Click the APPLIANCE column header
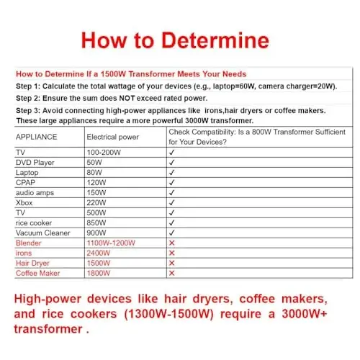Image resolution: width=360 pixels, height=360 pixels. click(35, 136)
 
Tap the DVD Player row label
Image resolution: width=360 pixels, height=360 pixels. click(35, 163)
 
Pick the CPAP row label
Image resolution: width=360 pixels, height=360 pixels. click(26, 183)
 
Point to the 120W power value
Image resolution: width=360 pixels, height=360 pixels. click(97, 183)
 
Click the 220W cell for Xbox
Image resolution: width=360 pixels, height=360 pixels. click(97, 203)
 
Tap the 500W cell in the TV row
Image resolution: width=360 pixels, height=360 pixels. click(97, 213)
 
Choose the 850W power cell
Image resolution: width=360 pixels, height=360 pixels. click(97, 223)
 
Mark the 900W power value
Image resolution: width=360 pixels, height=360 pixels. click(97, 233)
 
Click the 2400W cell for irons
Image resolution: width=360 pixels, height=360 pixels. click(99, 253)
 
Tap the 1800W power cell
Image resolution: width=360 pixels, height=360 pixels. click(99, 273)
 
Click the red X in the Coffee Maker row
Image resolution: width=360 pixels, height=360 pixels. click(171, 273)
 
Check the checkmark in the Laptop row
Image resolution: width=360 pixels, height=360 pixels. click(171, 173)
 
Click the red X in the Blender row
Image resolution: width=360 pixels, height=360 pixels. click(171, 243)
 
